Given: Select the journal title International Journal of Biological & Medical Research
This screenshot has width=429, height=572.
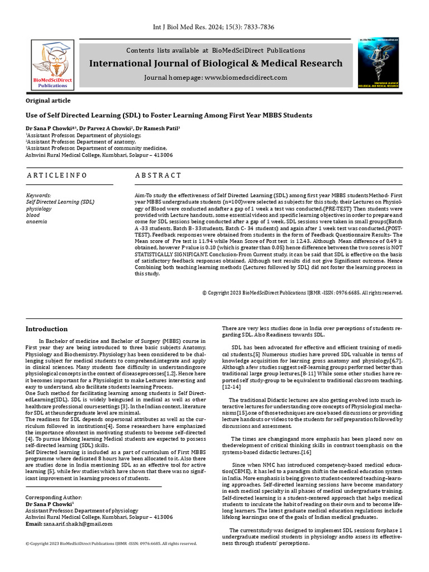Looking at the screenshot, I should coord(216,63).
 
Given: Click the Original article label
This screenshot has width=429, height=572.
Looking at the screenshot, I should coord(49,101).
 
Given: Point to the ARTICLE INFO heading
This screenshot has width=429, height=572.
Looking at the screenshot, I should coord(57,175).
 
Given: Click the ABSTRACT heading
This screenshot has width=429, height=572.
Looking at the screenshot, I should coord(158,175).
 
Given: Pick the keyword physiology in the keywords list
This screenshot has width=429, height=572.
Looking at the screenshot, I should coord(39,208).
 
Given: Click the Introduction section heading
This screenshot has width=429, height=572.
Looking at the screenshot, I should coord(47,329).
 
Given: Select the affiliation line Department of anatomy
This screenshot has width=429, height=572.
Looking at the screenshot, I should coord(70,141).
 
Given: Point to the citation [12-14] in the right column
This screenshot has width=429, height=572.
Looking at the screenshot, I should coord(232,387).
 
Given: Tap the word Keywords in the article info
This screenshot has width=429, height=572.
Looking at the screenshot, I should coord(39,195).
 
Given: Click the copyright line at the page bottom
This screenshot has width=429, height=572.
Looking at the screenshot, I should coord(111,543).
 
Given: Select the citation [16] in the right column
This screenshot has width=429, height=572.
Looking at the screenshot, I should coord(306,452).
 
